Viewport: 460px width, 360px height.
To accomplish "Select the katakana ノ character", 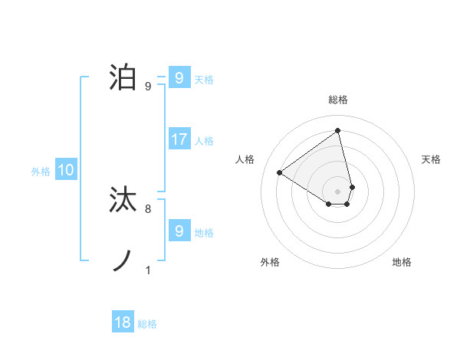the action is click(124, 261).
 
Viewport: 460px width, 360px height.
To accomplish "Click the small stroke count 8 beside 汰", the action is click(148, 208).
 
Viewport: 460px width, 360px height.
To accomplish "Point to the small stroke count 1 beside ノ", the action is click(148, 270).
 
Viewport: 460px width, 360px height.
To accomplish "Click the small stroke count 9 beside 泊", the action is click(148, 86).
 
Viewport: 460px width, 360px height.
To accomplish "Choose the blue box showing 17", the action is click(179, 139).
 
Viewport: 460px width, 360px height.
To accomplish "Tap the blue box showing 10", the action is click(66, 171).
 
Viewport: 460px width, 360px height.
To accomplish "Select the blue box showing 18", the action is click(123, 322).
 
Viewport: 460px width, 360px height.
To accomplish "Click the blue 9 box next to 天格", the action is click(179, 77).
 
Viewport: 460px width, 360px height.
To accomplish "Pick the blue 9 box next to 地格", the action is click(179, 231).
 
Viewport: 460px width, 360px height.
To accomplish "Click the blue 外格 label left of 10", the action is click(41, 172).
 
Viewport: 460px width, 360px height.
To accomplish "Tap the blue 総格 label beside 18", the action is click(147, 323).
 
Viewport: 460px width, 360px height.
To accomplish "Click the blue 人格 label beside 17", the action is click(204, 140).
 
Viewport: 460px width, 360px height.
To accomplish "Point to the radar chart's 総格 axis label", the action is click(338, 100).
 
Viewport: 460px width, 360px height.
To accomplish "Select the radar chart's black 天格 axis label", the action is click(431, 159).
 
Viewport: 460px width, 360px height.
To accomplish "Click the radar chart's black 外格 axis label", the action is click(270, 262).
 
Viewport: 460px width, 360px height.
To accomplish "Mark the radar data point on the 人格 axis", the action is click(280, 172).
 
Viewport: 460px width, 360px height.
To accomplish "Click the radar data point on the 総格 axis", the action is click(338, 130).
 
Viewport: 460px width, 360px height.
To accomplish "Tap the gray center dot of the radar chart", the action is click(338, 191).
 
